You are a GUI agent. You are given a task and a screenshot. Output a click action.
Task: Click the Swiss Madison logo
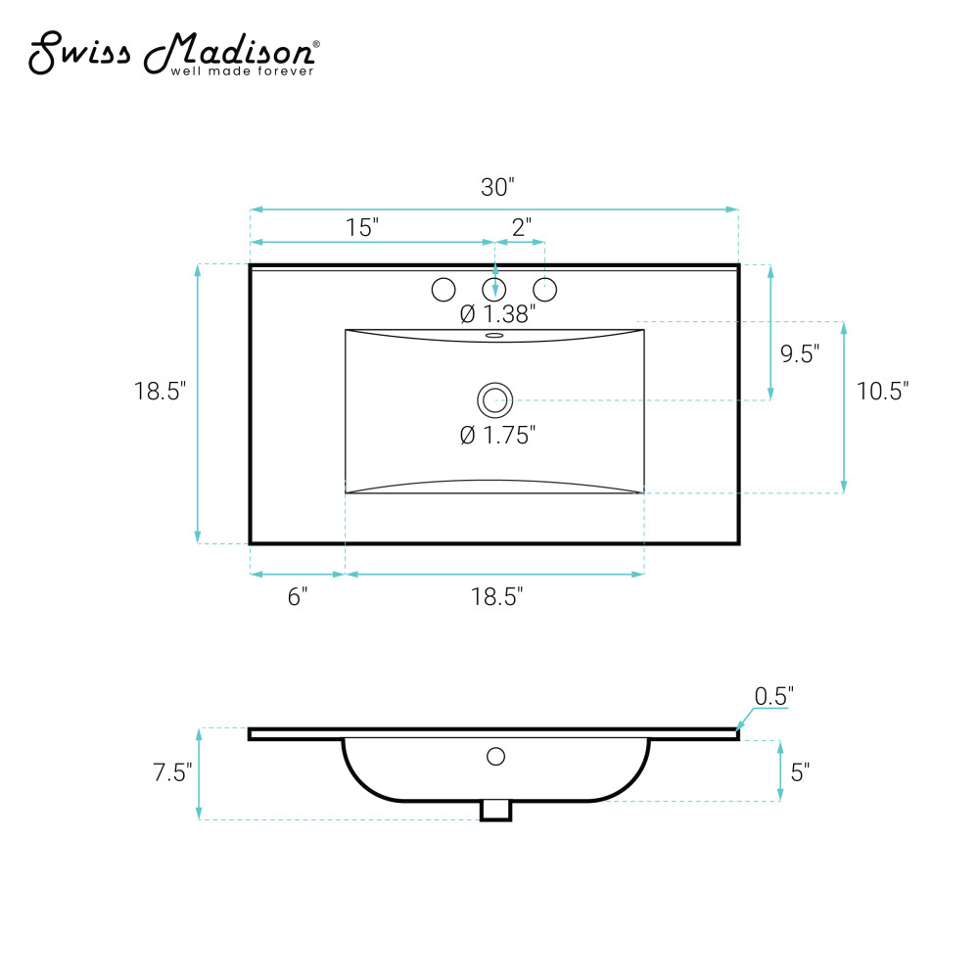pyautogui.click(x=173, y=54)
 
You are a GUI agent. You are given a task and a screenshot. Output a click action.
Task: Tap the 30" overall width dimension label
pyautogui.click(x=497, y=187)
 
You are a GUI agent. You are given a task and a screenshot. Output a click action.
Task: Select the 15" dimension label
pyautogui.click(x=362, y=227)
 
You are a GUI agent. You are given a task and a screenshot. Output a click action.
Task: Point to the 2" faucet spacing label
pyautogui.click(x=522, y=227)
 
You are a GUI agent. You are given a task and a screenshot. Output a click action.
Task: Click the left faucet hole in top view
pyautogui.click(x=443, y=289)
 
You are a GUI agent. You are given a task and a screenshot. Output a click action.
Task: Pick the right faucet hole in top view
pyautogui.click(x=545, y=289)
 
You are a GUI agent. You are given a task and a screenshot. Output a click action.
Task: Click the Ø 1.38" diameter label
pyautogui.click(x=497, y=313)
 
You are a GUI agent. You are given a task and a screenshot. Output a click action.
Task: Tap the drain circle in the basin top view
pyautogui.click(x=495, y=400)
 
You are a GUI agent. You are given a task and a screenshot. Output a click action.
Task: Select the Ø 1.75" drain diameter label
pyautogui.click(x=497, y=435)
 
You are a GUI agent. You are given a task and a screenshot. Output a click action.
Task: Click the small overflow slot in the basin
pyautogui.click(x=494, y=335)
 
